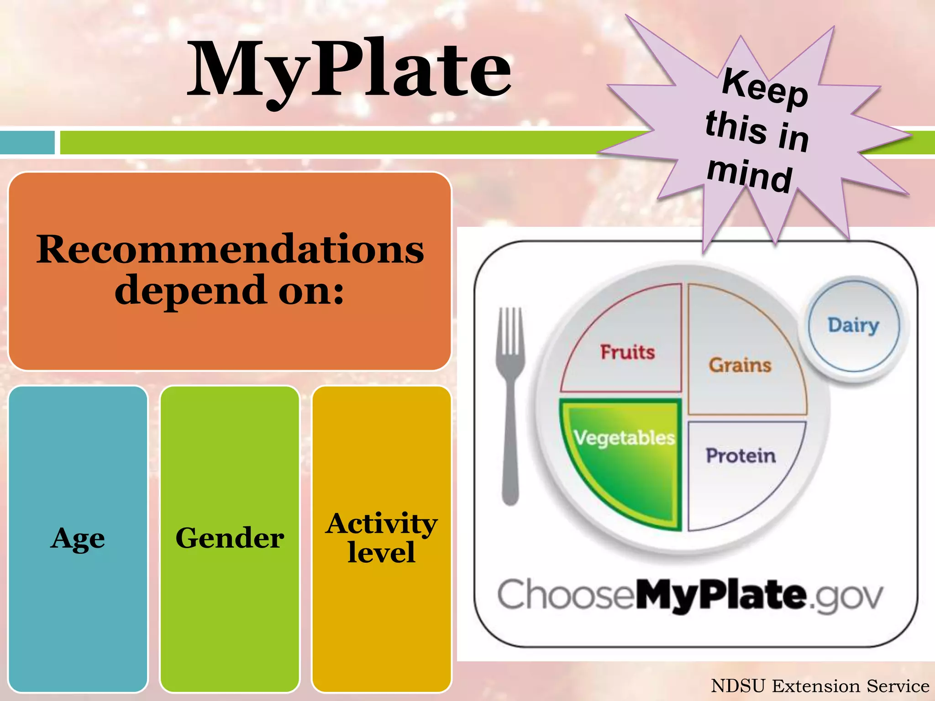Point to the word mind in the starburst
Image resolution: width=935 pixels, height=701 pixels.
coord(750,175)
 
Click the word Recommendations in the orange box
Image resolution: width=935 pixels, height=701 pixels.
coord(230,250)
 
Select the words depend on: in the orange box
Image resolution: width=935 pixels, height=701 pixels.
coord(229,290)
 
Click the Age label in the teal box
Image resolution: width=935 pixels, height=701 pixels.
coord(78,539)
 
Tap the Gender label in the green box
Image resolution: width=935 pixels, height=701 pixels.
coord(230,538)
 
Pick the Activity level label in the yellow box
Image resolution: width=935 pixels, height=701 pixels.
coord(381,538)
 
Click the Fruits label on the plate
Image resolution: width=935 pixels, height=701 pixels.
coord(627,352)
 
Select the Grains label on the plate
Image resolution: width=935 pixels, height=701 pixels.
coord(740,365)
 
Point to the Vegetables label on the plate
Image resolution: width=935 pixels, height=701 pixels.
coord(624,438)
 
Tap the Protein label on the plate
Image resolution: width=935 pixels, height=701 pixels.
coord(741,455)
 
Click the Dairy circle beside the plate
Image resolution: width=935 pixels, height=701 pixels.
coord(853,325)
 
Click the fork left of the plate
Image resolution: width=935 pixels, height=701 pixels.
coord(510,406)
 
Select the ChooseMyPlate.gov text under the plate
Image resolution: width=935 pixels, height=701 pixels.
coord(690,595)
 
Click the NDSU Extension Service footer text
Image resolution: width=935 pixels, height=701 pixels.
coord(820,686)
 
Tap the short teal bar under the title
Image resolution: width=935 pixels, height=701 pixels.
coord(27,142)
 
